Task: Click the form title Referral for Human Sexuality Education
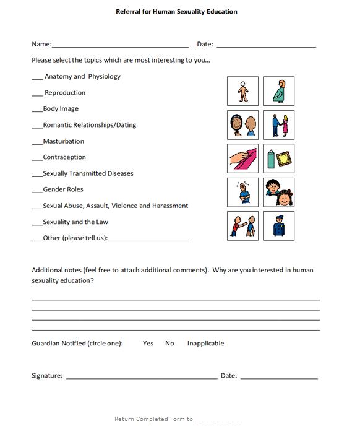click(x=176, y=11)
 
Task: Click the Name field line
click(x=120, y=45)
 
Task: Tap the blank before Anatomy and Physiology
click(x=37, y=77)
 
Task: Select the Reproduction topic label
click(x=65, y=93)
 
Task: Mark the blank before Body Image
click(x=36, y=110)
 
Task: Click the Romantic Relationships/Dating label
click(x=89, y=125)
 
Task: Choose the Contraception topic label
click(x=64, y=157)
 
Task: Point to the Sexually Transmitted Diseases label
click(x=88, y=173)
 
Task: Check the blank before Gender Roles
click(x=36, y=190)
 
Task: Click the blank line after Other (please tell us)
click(x=148, y=239)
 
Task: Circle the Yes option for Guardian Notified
click(x=148, y=343)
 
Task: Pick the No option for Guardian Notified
click(x=169, y=343)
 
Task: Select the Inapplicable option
click(x=205, y=343)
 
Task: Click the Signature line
click(x=141, y=376)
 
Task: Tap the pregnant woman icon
click(x=278, y=92)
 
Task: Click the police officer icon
click(x=278, y=226)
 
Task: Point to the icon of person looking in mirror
click(x=242, y=125)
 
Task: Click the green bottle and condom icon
click(x=278, y=158)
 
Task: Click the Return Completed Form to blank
click(x=216, y=420)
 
